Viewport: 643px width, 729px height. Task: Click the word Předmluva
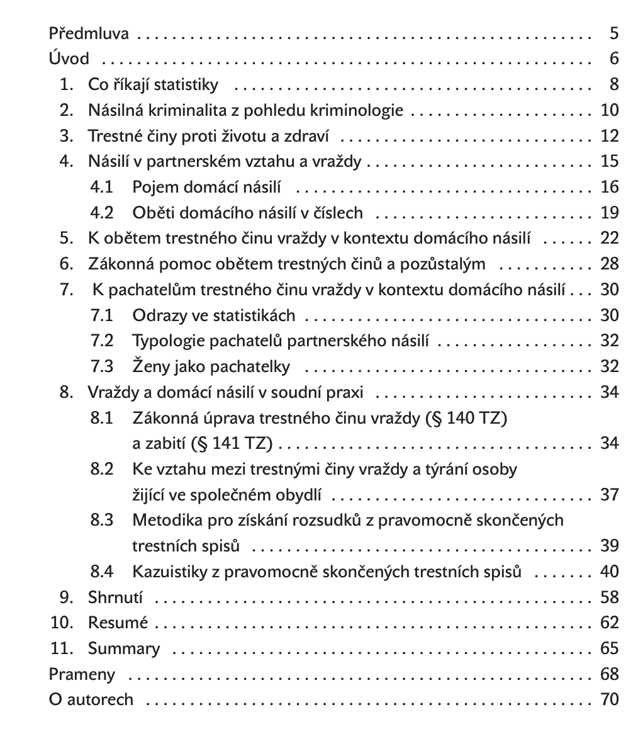[89, 34]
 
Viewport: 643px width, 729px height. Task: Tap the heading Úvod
[69, 60]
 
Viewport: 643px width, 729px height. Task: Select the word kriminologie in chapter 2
[364, 111]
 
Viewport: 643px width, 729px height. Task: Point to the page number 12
[610, 136]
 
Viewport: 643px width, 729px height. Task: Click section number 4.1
[102, 188]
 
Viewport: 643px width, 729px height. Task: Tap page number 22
[610, 239]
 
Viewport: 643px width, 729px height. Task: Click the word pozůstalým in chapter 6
[444, 264]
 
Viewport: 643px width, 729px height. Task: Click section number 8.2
[102, 470]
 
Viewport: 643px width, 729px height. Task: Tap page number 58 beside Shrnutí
[610, 597]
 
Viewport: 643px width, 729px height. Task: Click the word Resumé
[118, 623]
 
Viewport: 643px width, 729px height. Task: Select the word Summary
[124, 649]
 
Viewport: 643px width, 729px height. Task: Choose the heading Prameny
[82, 675]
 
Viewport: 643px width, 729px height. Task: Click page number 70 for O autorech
[610, 700]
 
